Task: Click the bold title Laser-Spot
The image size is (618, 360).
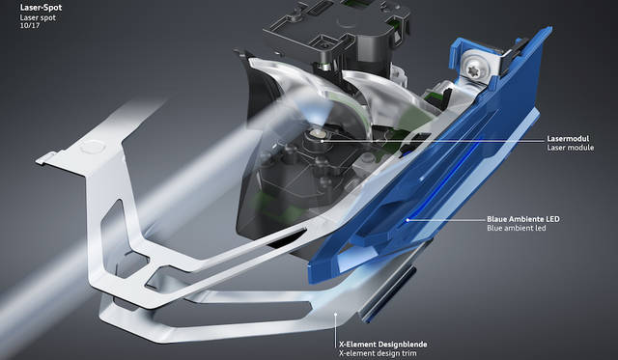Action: tap(41, 8)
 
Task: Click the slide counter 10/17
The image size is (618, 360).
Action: tap(30, 26)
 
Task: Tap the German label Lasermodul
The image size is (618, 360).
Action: tap(568, 139)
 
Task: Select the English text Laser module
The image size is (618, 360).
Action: tap(570, 148)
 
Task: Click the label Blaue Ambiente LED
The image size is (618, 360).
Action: tap(523, 219)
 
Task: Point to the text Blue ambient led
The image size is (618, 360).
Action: tap(517, 228)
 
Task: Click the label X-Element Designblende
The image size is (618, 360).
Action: tap(382, 345)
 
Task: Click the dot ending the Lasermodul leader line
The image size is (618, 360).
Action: tap(323, 140)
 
